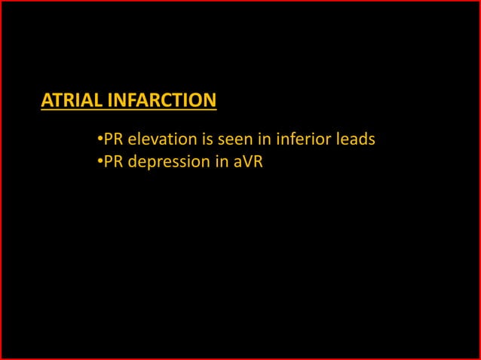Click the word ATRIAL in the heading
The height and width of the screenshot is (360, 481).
72,100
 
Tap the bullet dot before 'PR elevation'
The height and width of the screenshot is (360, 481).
100,139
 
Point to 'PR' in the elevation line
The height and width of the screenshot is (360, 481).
114,139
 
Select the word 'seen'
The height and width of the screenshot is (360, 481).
234,139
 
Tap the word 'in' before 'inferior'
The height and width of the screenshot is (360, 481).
265,139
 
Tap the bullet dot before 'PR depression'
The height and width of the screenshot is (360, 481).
100,161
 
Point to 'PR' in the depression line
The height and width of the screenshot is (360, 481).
114,161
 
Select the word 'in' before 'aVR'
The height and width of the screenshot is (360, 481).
216,161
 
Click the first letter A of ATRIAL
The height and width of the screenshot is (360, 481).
47,100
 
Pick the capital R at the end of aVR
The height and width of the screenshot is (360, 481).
257,161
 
